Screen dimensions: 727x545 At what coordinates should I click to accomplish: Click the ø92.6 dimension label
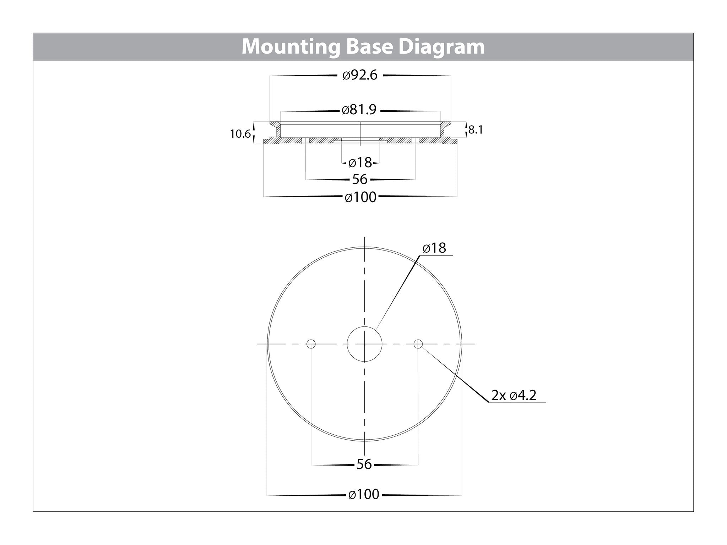[x=360, y=75]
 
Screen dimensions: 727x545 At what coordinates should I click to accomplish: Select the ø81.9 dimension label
[x=359, y=110]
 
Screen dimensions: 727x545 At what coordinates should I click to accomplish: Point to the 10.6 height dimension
[x=240, y=134]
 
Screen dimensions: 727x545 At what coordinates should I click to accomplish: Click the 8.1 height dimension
[x=476, y=130]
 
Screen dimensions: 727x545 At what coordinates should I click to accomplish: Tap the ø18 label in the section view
[x=360, y=163]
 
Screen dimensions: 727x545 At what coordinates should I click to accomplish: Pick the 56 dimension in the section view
[x=359, y=179]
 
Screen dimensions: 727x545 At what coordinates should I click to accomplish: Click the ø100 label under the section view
[x=360, y=197]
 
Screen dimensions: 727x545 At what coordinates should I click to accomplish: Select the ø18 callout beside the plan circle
[x=434, y=248]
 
